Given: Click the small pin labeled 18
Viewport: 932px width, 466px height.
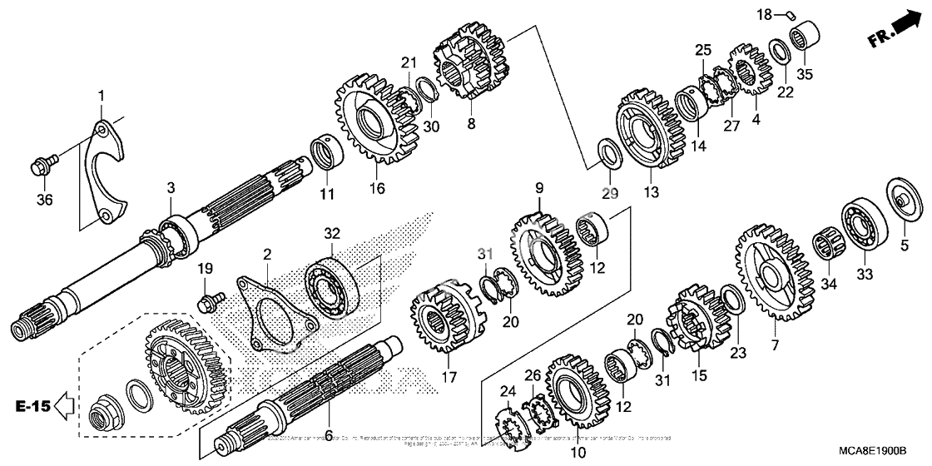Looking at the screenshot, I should (x=793, y=13).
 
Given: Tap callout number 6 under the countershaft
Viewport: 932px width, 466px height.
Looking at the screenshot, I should (x=328, y=435).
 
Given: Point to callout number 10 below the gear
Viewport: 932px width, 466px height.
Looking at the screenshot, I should (x=578, y=453).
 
